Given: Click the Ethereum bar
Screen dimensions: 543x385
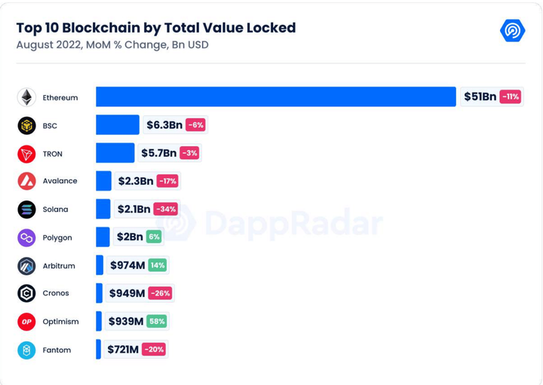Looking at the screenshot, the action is (276, 96).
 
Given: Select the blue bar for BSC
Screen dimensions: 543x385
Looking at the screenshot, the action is (118, 125).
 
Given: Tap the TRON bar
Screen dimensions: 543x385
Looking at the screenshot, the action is (115, 153).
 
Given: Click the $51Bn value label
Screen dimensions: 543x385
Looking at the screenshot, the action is (480, 96).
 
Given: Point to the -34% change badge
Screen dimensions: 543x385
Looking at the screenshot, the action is (165, 209).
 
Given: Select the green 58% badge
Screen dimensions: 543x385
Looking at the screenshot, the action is (157, 322).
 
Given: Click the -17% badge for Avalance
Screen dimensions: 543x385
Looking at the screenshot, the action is (167, 181).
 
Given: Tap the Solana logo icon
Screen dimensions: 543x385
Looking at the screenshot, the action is (26, 209).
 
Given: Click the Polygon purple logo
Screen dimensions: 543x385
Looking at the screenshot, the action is (26, 237).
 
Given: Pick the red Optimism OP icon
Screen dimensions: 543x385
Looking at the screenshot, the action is (26, 322).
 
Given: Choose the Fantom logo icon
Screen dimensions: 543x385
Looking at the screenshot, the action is (26, 350).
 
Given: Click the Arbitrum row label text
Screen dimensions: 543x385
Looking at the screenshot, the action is (59, 266).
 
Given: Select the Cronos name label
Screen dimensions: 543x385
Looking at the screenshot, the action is (56, 293).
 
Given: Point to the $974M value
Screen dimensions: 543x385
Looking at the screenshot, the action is (127, 265).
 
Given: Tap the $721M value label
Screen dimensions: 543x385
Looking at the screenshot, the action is (123, 350).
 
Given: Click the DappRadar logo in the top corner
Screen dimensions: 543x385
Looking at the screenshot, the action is (513, 30).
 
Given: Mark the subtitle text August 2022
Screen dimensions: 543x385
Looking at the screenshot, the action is (48, 45).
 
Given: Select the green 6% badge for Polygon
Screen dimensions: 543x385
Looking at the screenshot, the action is (154, 237).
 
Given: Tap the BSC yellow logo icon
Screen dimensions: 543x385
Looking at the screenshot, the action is (26, 125).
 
